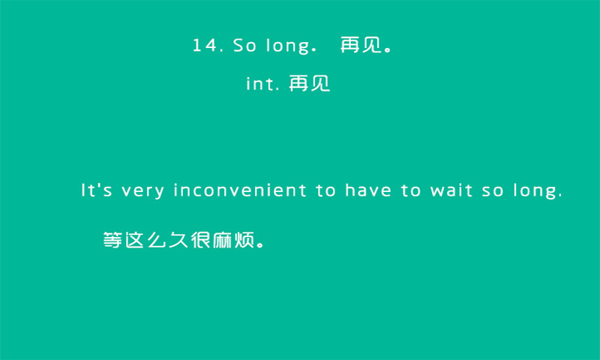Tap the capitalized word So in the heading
pos(244,45)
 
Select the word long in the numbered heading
pos(288,46)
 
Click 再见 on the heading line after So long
pos(361,45)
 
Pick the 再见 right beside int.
pos(310,83)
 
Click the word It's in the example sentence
pos(97,190)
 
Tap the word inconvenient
pos(240,190)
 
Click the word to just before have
pos(326,190)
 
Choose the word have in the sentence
pos(368,190)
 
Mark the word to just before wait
pos(411,190)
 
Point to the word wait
pos(451,190)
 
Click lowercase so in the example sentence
pos(493,191)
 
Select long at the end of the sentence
pos(535,192)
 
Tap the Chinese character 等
pos(112,240)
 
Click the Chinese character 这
pos(134,240)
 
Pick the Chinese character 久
pos(178,240)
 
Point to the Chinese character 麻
pos(222,240)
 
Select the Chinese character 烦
pos(244,240)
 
